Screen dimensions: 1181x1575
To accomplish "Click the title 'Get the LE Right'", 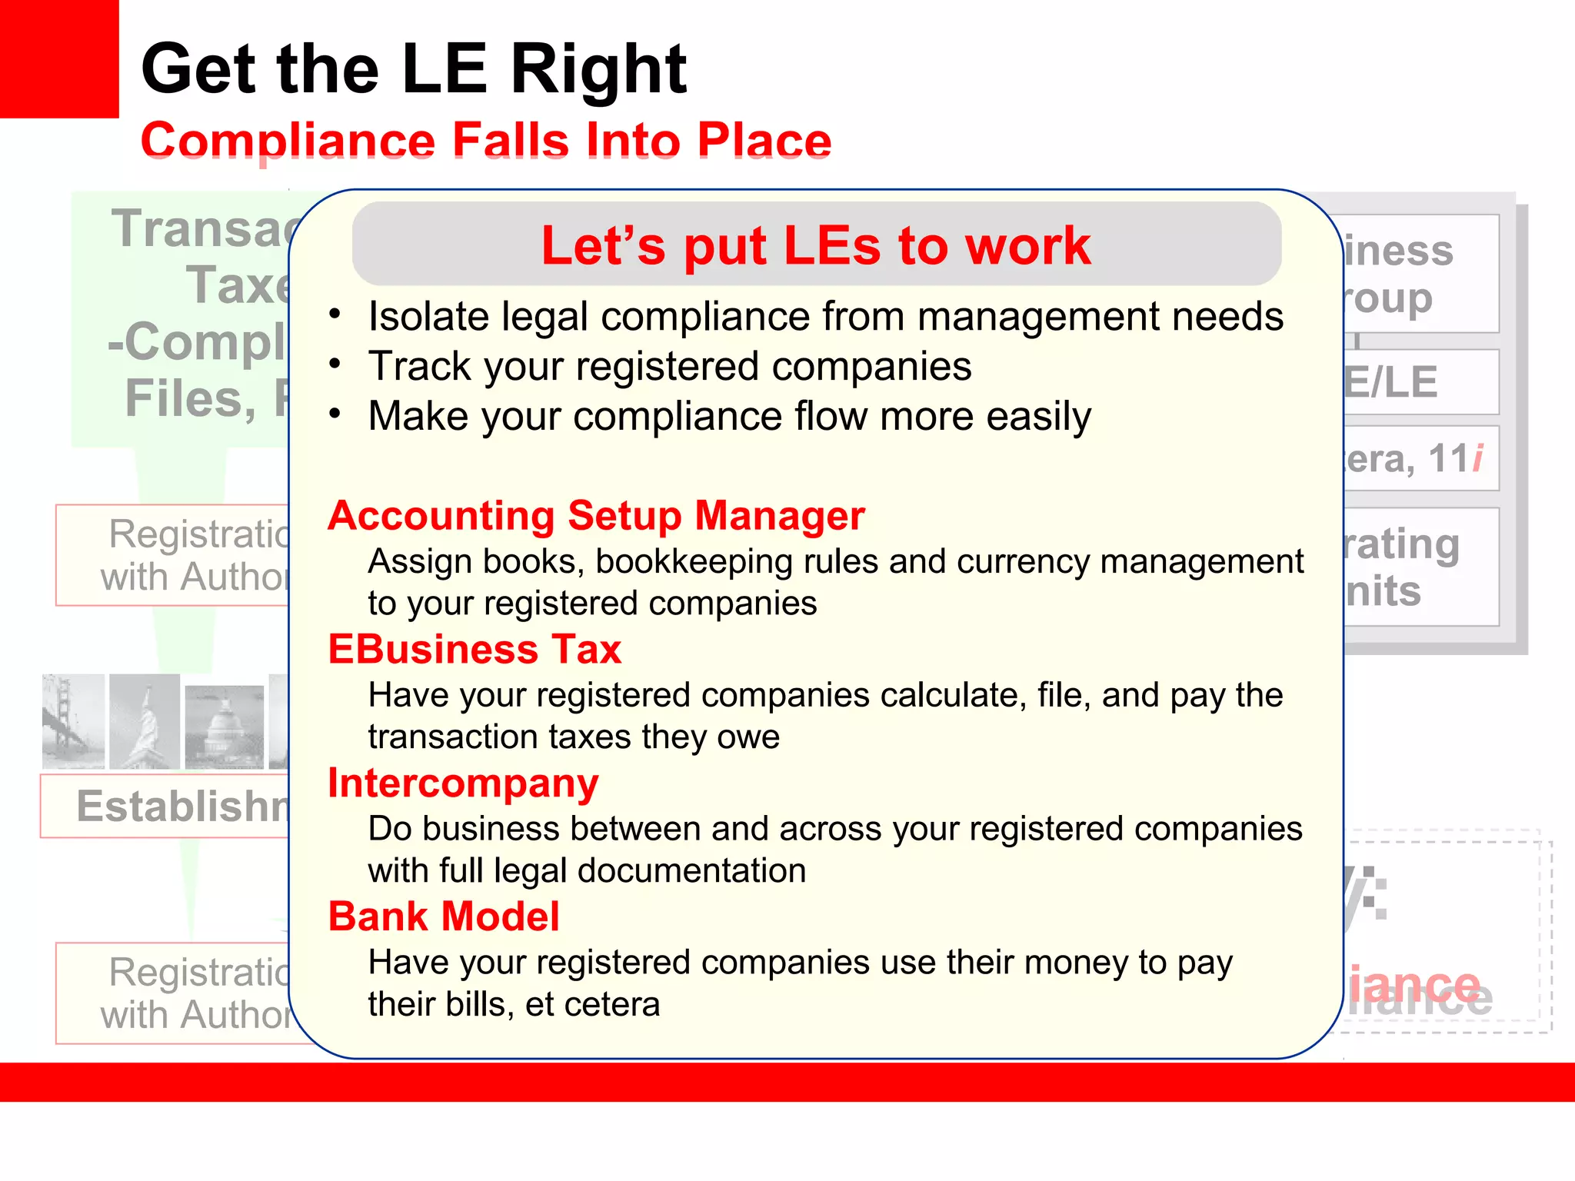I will pyautogui.click(x=414, y=69).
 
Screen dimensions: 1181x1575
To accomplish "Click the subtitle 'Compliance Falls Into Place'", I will pyautogui.click(x=486, y=141).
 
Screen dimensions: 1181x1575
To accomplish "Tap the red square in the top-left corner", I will pyautogui.click(x=58, y=58).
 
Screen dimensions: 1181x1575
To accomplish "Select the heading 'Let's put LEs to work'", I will pyautogui.click(x=815, y=246).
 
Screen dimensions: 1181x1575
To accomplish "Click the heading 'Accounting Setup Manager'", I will pyautogui.click(x=596, y=515).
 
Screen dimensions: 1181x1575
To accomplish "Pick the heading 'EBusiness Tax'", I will pyautogui.click(x=474, y=649).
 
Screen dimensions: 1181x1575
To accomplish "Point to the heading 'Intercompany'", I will pyautogui.click(x=463, y=783).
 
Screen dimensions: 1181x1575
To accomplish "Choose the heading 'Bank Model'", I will pyautogui.click(x=444, y=917).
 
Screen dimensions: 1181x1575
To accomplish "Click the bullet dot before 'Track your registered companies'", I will pyautogui.click(x=335, y=364).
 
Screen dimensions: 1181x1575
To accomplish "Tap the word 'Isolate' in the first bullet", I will pyautogui.click(x=429, y=316).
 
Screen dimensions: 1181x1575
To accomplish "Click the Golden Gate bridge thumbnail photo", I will pyautogui.click(x=73, y=721).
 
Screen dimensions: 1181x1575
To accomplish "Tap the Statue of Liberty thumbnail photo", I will pyautogui.click(x=145, y=721).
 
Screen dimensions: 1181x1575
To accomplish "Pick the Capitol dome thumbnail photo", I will pyautogui.click(x=225, y=727).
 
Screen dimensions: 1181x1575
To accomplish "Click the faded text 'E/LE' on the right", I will pyautogui.click(x=1390, y=382).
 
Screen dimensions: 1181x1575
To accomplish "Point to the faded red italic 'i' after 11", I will pyautogui.click(x=1477, y=458).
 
